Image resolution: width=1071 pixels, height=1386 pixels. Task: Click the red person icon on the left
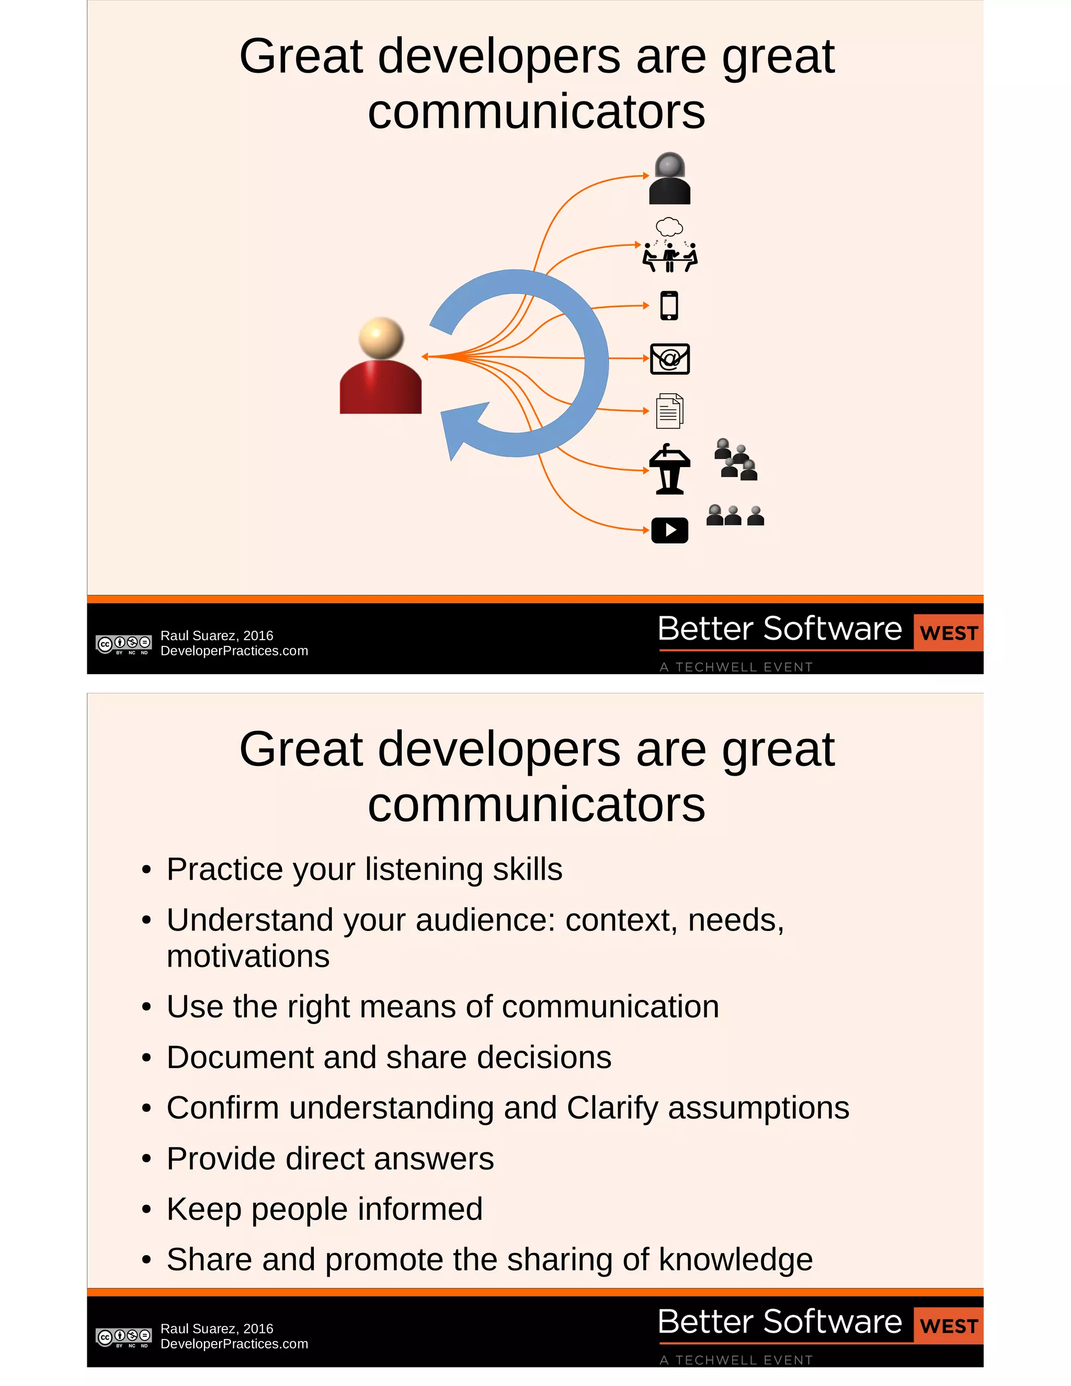[x=381, y=368]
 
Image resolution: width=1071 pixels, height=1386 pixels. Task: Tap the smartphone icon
[x=669, y=305]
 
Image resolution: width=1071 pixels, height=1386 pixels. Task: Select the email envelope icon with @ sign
[x=670, y=359]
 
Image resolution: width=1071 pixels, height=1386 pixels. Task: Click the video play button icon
[x=669, y=530]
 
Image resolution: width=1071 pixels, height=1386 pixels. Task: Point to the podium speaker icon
[x=669, y=469]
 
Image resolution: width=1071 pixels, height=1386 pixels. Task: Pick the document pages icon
[x=669, y=411]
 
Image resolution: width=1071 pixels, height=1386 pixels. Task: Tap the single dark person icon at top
[x=669, y=178]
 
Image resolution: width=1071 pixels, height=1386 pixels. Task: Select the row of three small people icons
[x=735, y=515]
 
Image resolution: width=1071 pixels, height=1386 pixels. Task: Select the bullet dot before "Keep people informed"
[x=146, y=1210]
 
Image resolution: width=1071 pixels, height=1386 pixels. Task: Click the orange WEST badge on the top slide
[x=948, y=633]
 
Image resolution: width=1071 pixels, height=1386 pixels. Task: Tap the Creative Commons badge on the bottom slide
[x=124, y=1337]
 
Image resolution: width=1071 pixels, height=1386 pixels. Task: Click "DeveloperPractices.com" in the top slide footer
[x=234, y=651]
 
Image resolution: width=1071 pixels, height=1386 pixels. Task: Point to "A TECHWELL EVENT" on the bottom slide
[x=736, y=1360]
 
